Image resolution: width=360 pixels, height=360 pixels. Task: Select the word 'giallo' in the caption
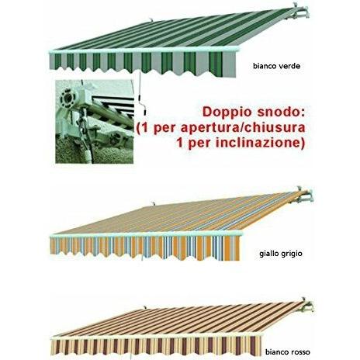pyautogui.click(x=268, y=254)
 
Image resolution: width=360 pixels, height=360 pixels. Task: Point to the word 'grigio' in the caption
pyautogui.click(x=291, y=254)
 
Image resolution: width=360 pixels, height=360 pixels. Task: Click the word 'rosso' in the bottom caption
pyautogui.click(x=300, y=352)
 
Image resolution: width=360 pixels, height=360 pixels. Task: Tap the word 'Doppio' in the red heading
pyautogui.click(x=225, y=112)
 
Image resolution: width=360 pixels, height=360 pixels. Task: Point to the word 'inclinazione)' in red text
pyautogui.click(x=260, y=143)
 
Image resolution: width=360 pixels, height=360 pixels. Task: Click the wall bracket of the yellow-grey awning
pyautogui.click(x=305, y=196)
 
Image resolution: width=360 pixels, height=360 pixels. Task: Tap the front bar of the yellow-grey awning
pyautogui.click(x=146, y=234)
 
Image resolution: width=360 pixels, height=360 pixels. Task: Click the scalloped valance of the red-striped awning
pyautogui.click(x=157, y=348)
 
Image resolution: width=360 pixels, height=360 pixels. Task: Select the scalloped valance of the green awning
pyautogui.click(x=143, y=64)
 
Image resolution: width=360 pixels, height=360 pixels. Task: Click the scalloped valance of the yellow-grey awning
pyautogui.click(x=145, y=247)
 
